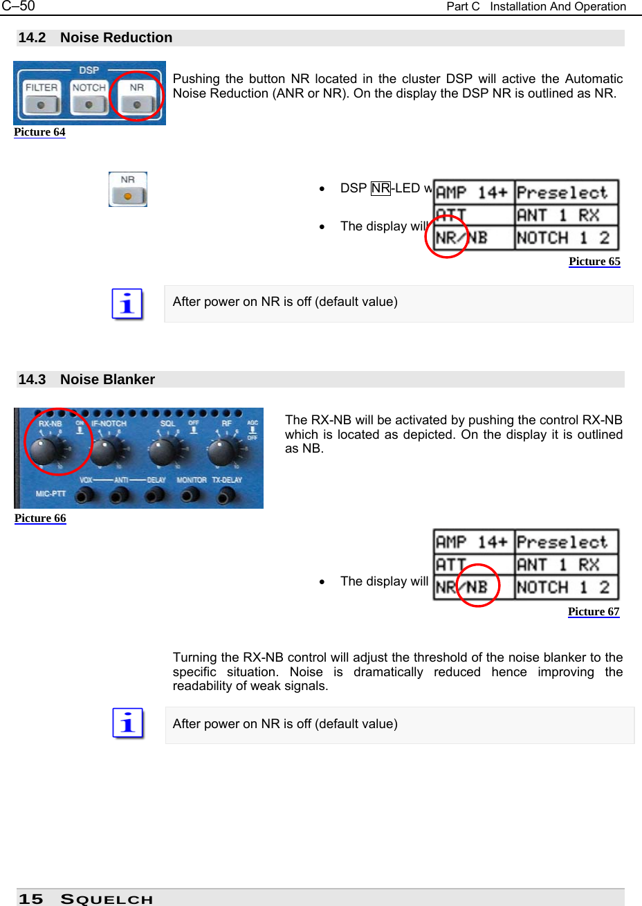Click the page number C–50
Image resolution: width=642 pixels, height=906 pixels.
pos(18,6)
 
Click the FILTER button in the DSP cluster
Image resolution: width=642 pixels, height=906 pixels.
pos(42,98)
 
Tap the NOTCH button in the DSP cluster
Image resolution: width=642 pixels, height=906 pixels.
pos(89,98)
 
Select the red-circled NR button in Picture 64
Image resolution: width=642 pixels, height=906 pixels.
pos(137,97)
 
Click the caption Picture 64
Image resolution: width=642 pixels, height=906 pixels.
pos(39,132)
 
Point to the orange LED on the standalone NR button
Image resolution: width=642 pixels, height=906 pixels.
pos(128,196)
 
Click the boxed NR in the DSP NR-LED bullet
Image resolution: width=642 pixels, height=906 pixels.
pos(380,188)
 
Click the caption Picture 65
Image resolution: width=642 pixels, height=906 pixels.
pos(594,262)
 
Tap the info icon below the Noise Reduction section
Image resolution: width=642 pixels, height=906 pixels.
pos(127,305)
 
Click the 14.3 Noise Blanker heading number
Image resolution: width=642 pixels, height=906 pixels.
pos(32,379)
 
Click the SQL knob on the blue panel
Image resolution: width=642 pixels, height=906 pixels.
pos(165,452)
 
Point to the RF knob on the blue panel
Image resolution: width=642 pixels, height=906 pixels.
pos(222,452)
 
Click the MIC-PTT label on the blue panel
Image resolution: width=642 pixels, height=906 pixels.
pos(51,494)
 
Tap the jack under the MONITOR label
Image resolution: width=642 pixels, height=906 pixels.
pos(190,494)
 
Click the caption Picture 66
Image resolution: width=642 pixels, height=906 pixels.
pos(40,518)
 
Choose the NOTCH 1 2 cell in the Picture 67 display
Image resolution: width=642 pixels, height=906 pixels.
pos(566,588)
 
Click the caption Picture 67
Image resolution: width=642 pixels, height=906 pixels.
pos(594,612)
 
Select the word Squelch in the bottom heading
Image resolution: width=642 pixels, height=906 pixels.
pos(107,899)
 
